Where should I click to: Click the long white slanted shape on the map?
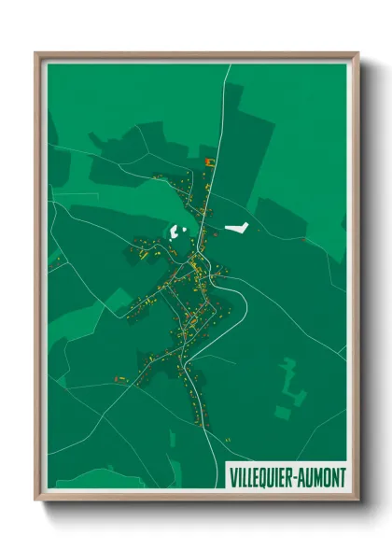pyautogui.click(x=236, y=227)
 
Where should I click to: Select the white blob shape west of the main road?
pyautogui.click(x=177, y=232)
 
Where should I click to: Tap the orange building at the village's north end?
pyautogui.click(x=209, y=162)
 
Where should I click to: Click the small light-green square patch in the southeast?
pyautogui.click(x=282, y=411)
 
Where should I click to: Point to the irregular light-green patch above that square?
pyautogui.click(x=290, y=378)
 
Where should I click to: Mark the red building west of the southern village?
pyautogui.click(x=119, y=378)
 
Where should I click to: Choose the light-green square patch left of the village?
pyautogui.click(x=119, y=301)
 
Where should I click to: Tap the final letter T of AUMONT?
pyautogui.click(x=343, y=477)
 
